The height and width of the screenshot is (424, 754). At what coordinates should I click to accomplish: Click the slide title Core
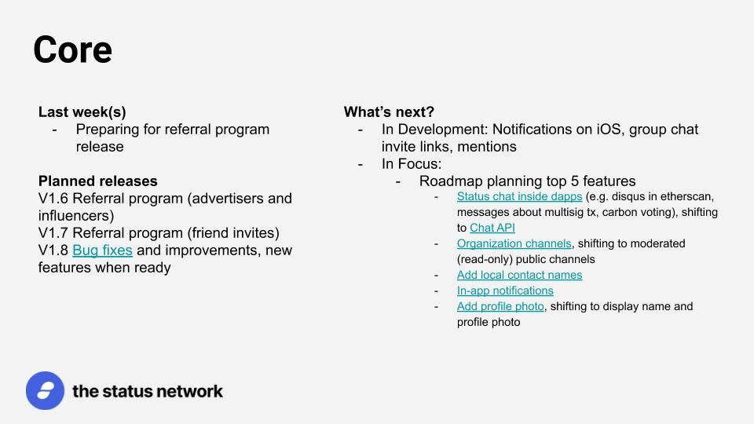pyautogui.click(x=72, y=49)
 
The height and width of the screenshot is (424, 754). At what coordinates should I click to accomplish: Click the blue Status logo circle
pyautogui.click(x=46, y=390)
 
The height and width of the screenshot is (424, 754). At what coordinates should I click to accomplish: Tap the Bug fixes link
pyautogui.click(x=102, y=250)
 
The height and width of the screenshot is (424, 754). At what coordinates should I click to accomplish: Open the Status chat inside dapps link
pyautogui.click(x=519, y=196)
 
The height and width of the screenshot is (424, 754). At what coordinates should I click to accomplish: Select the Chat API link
pyautogui.click(x=492, y=228)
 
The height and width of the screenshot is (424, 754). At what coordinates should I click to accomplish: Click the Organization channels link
pyautogui.click(x=514, y=243)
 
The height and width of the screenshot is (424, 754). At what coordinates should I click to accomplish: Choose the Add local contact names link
pyautogui.click(x=519, y=275)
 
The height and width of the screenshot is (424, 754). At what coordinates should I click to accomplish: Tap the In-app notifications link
pyautogui.click(x=505, y=291)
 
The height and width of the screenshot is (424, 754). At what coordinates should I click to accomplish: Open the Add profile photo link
pyautogui.click(x=500, y=307)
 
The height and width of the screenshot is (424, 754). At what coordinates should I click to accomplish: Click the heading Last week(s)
pyautogui.click(x=82, y=112)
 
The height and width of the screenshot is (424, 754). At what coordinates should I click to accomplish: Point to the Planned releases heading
pyautogui.click(x=98, y=181)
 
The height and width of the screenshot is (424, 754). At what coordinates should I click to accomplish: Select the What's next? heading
pyautogui.click(x=389, y=112)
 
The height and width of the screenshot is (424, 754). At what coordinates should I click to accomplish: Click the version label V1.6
pyautogui.click(x=53, y=199)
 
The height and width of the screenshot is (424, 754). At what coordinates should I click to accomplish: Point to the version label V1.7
pyautogui.click(x=53, y=233)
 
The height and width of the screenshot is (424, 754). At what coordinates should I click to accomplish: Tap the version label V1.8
pyautogui.click(x=53, y=250)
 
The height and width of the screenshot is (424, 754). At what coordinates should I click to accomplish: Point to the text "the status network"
pyautogui.click(x=148, y=391)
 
